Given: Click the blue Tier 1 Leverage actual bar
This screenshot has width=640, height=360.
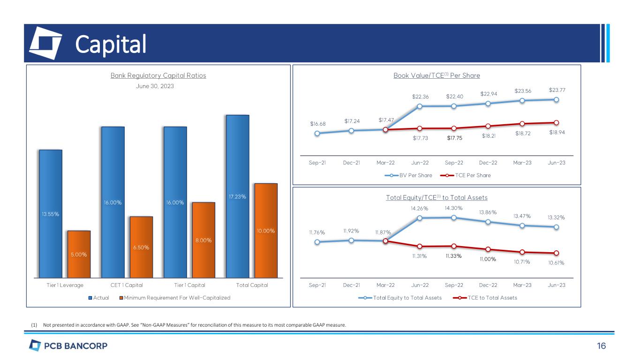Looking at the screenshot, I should [51, 213].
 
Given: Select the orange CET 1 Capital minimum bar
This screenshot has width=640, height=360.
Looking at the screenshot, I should [141, 247].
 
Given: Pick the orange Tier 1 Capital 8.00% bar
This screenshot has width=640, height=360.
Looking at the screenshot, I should [203, 240].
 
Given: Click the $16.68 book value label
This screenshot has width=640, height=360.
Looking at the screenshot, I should [317, 124].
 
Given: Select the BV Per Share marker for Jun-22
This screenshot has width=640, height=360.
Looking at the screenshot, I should [420, 106].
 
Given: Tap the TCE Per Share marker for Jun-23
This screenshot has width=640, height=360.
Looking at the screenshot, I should [556, 122].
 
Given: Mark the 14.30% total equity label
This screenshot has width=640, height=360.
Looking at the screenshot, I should [454, 208].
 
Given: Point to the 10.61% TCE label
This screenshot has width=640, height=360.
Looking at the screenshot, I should [556, 262].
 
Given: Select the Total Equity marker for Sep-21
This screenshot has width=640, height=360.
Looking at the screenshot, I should [317, 242].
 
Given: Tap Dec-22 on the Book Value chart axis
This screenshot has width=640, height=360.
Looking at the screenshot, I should [488, 163].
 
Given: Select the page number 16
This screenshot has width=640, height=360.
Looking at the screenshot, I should [602, 346].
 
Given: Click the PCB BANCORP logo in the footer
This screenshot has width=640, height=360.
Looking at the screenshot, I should [68, 346].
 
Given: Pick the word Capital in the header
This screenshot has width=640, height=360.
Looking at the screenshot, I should [111, 44].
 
